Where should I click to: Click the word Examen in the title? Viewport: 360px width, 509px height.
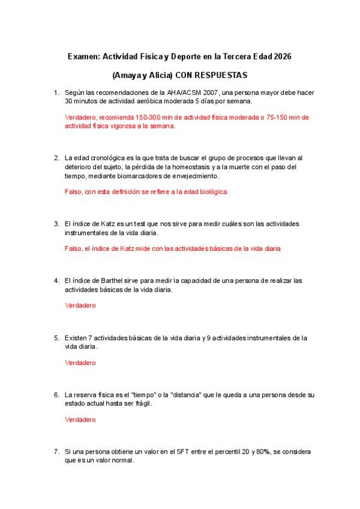(83, 56)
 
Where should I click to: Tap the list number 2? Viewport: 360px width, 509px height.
(56, 158)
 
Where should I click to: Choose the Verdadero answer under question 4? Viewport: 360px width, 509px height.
(80, 306)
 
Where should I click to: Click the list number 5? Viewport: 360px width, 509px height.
(56, 338)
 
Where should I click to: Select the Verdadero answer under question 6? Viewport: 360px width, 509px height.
(80, 420)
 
